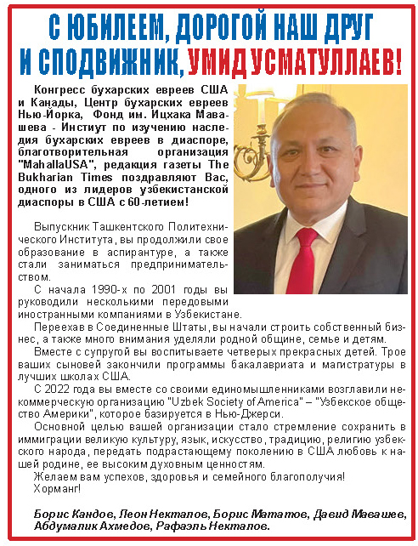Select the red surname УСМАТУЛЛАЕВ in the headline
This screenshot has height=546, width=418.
(336, 60)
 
